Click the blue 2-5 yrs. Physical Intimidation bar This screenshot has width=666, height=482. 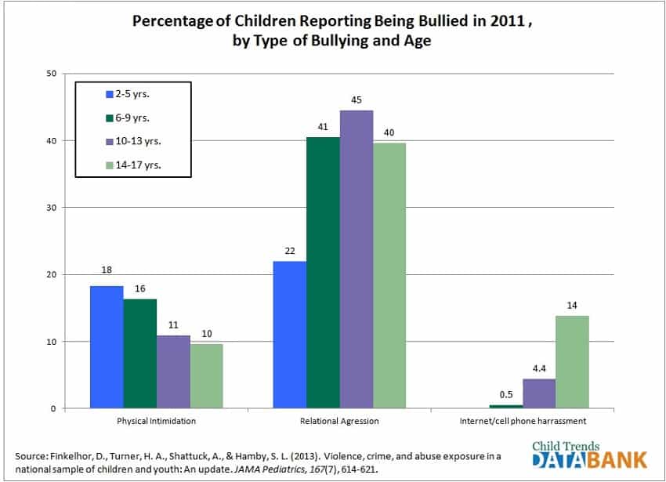[x=107, y=347]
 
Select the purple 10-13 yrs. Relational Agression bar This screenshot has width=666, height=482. [x=356, y=259]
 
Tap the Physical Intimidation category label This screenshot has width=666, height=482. [x=156, y=421]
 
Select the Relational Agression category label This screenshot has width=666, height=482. [x=339, y=421]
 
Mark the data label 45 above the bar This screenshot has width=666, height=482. [x=356, y=100]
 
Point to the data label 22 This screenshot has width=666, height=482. [x=289, y=250]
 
